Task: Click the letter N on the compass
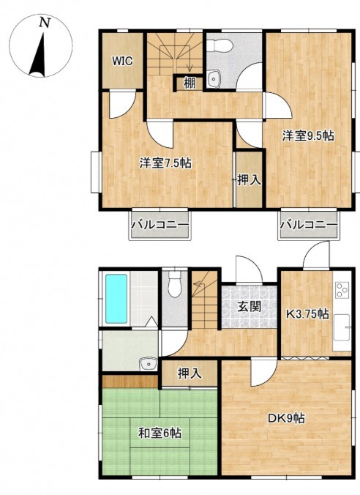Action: pos(45,23)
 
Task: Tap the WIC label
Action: pos(123,61)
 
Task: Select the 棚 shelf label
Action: pos(189,83)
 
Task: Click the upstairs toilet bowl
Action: pos(221,45)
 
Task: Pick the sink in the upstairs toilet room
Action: pos(214,78)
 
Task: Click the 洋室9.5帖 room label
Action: pos(308,135)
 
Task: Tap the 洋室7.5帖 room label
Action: pos(165,163)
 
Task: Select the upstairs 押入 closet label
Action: pos(249,179)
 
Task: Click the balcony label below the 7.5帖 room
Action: pos(160,225)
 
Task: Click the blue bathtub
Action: pos(116,299)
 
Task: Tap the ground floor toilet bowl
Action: pos(174,283)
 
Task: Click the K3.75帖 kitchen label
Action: pos(307,314)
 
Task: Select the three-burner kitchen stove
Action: pos(342,289)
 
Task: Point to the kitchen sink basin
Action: pos(342,327)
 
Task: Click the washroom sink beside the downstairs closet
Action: pos(149,364)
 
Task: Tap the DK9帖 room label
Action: pos(286,418)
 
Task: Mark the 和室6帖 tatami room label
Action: pos(160,433)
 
